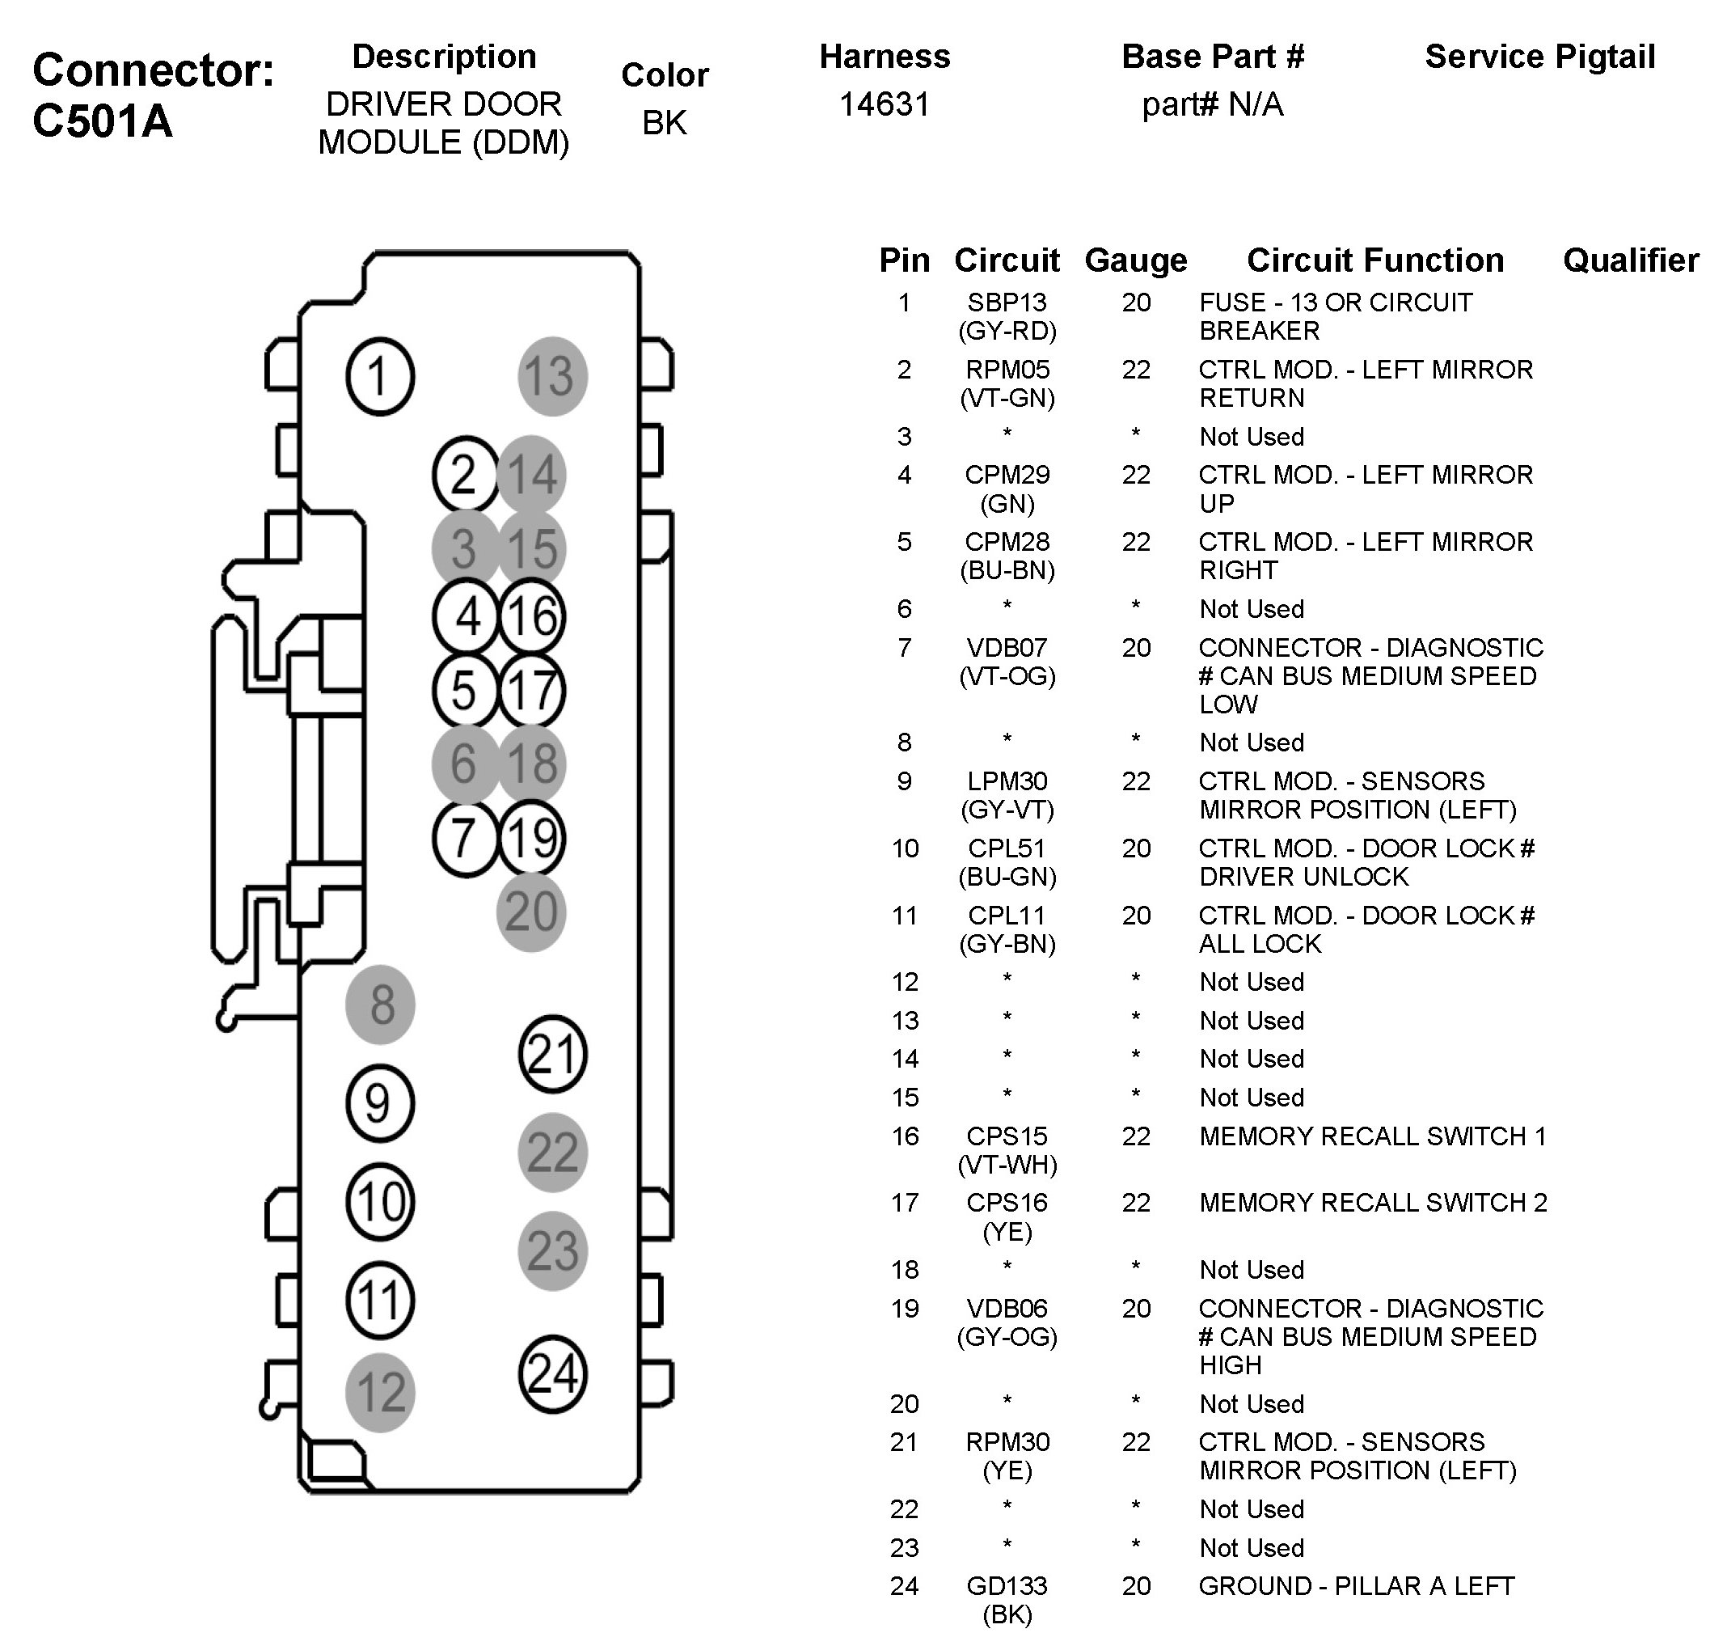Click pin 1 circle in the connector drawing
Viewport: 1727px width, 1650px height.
[380, 376]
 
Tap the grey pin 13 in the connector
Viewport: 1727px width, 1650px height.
[552, 376]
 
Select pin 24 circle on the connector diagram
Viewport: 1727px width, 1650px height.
[552, 1374]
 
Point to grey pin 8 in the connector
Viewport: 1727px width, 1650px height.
[380, 1005]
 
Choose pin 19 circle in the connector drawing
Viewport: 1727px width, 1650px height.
[532, 838]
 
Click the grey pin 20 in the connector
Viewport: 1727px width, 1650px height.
[531, 912]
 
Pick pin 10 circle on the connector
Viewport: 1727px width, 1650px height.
[380, 1201]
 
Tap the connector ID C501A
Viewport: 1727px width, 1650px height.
[103, 121]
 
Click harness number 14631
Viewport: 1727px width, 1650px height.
[884, 104]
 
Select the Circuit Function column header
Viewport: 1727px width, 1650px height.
[1374, 260]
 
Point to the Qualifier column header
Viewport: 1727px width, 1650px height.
[1630, 260]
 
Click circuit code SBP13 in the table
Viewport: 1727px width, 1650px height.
[1007, 302]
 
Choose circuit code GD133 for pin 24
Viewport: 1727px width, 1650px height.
[1007, 1586]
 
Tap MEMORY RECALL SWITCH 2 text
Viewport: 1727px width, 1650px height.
[1373, 1203]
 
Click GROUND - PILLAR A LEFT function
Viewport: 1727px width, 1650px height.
[1356, 1586]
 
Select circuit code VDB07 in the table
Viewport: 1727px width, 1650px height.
[1007, 647]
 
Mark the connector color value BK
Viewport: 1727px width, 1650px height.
[664, 122]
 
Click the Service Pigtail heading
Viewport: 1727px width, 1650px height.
[1539, 57]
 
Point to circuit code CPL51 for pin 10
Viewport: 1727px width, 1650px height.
[1007, 848]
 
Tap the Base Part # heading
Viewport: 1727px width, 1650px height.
[1213, 57]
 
